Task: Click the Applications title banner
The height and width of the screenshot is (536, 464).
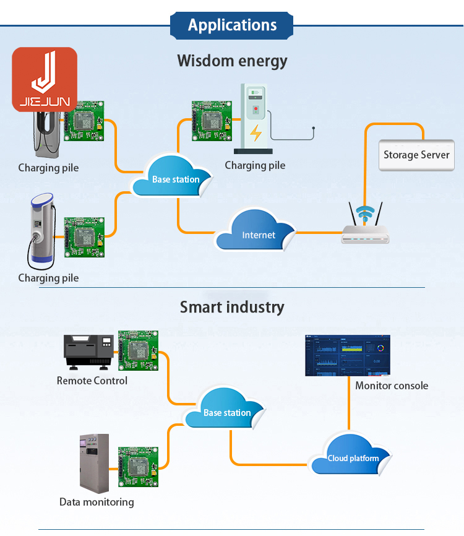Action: pos(232,25)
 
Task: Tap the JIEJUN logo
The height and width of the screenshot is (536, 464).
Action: pos(45,79)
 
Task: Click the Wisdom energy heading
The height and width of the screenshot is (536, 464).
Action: pos(232,61)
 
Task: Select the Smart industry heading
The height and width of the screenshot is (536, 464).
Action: pos(232,307)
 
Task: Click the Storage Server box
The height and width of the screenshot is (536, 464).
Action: pos(416,155)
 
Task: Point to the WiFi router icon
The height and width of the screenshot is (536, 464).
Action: pos(366,226)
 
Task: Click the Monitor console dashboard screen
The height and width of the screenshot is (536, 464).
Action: pos(348,355)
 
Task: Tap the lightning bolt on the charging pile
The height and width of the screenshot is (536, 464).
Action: pos(255,132)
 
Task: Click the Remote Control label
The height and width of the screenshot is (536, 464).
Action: pos(92,381)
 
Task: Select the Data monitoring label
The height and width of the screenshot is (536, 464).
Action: pos(97,502)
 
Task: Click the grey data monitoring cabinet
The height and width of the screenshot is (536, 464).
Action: pos(94,462)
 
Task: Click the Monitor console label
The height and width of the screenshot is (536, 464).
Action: pos(392,386)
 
